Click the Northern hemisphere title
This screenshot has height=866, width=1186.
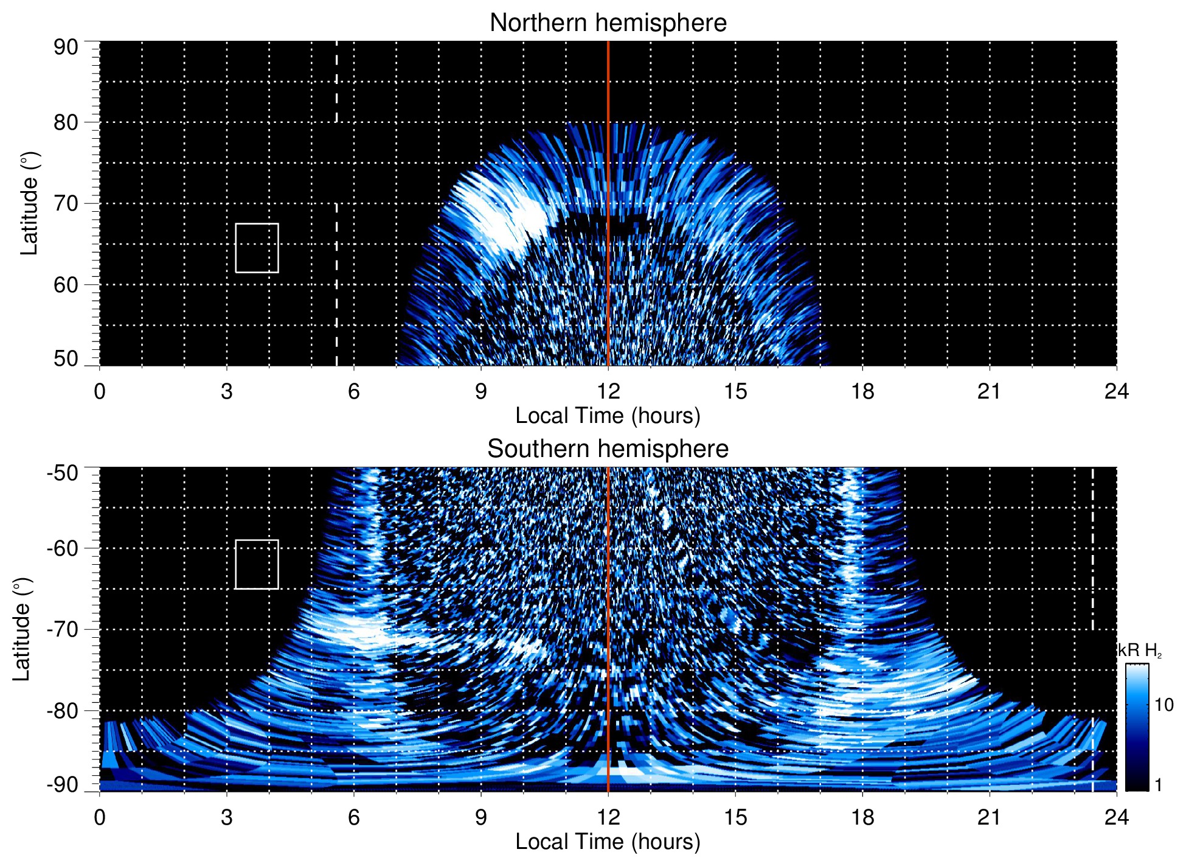click(x=608, y=23)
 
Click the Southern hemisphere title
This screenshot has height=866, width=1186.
click(x=608, y=449)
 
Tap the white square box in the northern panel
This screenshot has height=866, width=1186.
click(x=257, y=248)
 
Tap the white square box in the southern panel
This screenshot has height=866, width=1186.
click(x=257, y=564)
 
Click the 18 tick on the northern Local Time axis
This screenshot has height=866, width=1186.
click(x=862, y=391)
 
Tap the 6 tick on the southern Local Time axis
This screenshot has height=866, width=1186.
click(x=353, y=817)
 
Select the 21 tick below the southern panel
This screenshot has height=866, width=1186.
click(x=989, y=817)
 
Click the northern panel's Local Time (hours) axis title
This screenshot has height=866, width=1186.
click(x=608, y=416)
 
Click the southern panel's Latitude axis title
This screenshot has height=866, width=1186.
click(x=22, y=630)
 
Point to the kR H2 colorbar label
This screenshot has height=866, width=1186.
click(x=1139, y=651)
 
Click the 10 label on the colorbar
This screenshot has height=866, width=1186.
click(x=1163, y=705)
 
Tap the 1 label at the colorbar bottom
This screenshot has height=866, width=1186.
click(x=1158, y=784)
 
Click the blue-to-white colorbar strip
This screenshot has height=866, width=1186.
click(x=1137, y=727)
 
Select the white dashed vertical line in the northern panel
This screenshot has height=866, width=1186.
click(x=336, y=274)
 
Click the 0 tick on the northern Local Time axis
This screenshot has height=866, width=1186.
click(x=100, y=391)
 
